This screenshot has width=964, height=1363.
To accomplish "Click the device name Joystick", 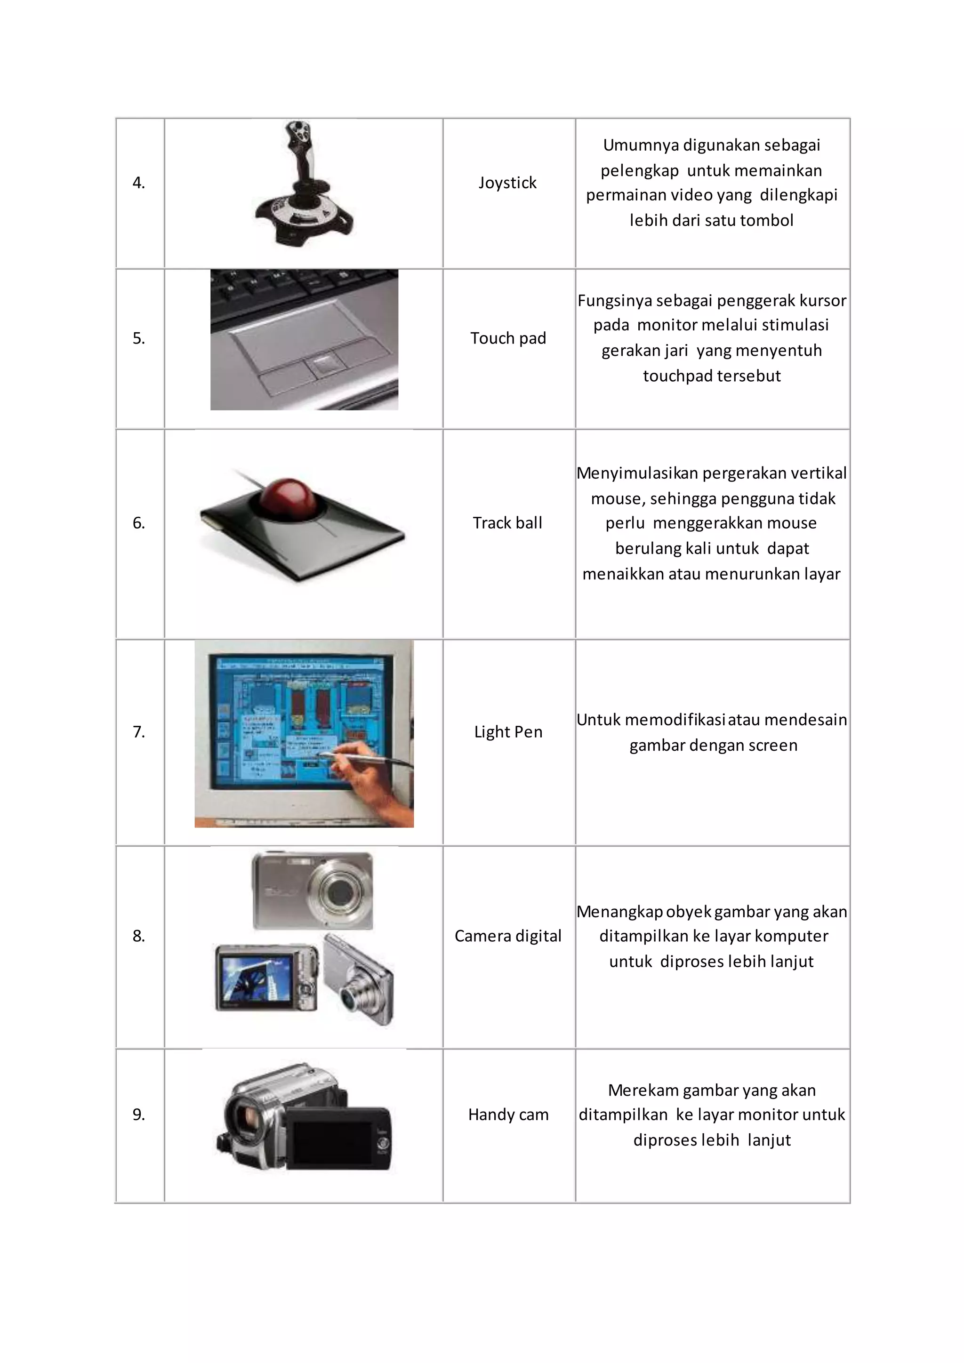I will (507, 182).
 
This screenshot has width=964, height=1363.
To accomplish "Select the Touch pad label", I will (507, 338).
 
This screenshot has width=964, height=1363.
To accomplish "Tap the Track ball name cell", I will (507, 522).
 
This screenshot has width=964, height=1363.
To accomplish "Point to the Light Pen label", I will (508, 731).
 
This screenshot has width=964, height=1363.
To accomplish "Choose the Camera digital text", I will (507, 936).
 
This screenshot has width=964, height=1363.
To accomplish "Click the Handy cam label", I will (508, 1114).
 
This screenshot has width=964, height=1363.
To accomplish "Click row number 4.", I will (138, 183).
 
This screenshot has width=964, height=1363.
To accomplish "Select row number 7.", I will (138, 732).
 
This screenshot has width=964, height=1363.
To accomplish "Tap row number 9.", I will (138, 1115).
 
